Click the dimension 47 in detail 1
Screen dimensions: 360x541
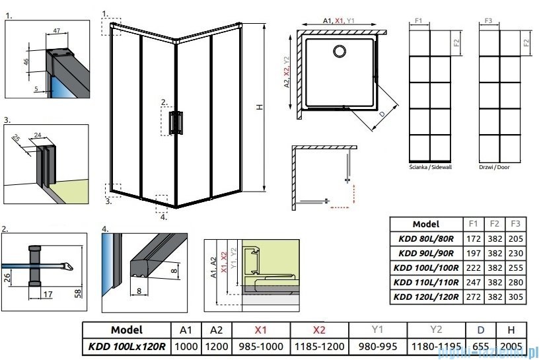(x=57, y=30)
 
